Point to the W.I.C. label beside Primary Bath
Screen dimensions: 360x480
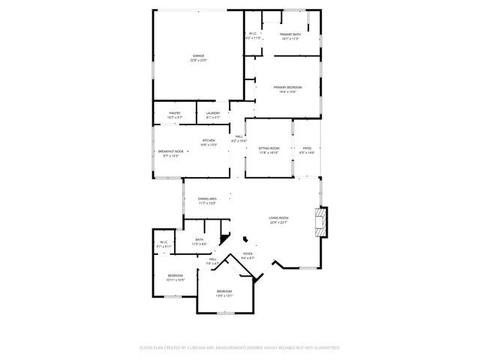click(x=253, y=34)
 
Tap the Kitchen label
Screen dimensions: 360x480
click(x=208, y=142)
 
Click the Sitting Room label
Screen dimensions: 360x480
click(x=269, y=150)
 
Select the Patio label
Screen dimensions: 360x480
click(x=307, y=150)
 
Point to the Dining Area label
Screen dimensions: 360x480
click(x=207, y=200)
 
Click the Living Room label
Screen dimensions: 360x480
click(x=279, y=219)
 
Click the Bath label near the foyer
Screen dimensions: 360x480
click(x=199, y=241)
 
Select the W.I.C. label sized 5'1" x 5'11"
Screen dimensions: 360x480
click(x=164, y=244)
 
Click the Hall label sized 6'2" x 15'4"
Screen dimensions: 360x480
click(x=238, y=138)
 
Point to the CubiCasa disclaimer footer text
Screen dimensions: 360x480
click(x=240, y=348)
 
